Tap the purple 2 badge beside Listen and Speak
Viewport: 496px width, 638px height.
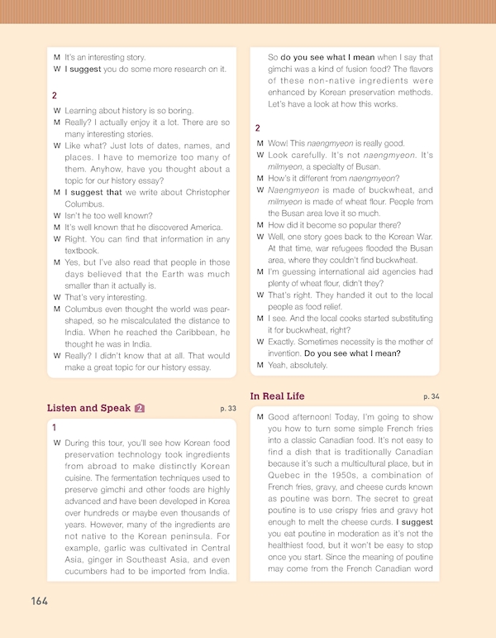141,408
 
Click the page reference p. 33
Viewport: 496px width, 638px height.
228,409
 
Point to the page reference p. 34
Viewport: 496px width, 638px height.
432,397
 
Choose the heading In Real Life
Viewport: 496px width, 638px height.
277,396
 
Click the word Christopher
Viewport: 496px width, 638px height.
195,193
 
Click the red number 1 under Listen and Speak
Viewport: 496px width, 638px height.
55,428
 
